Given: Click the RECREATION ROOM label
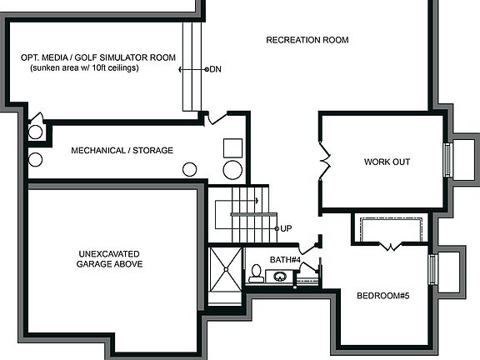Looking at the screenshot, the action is (x=307, y=40).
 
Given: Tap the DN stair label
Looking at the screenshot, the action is (x=216, y=69).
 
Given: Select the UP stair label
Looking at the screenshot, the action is (x=286, y=228).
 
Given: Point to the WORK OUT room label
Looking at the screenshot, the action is (x=387, y=162).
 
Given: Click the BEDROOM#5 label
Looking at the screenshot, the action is (x=383, y=296).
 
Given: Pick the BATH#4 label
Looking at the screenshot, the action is (x=285, y=260).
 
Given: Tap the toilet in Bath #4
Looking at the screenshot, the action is (x=256, y=273).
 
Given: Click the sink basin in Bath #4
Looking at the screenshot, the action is (x=280, y=277).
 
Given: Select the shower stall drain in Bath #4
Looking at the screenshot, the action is (x=226, y=269).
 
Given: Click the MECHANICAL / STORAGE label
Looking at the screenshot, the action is (x=122, y=151).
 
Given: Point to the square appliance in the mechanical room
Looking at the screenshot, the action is (x=233, y=148).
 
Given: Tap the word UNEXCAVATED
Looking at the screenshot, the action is (x=109, y=254).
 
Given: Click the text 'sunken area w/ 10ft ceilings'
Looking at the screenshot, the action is (x=84, y=68).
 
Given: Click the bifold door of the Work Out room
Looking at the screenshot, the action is (x=325, y=162).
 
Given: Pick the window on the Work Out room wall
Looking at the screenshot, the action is (x=447, y=160).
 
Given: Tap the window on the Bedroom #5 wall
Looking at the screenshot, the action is (x=432, y=269).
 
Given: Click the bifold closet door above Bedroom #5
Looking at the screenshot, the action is (x=390, y=247).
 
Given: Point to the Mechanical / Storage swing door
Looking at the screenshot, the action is (x=216, y=118).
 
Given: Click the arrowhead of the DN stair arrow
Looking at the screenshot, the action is (x=180, y=70).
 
